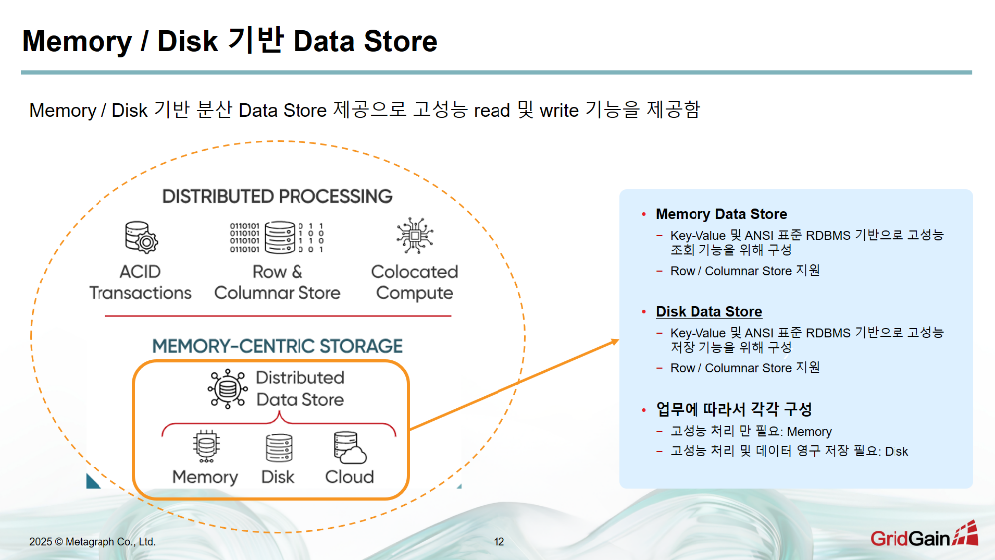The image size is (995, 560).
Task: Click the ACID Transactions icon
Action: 139,238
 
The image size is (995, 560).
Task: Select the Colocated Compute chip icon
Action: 414,237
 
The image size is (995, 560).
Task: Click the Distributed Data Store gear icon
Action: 226,389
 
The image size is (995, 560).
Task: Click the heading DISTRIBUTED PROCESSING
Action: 278,196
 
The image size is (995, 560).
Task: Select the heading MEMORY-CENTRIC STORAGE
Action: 278,346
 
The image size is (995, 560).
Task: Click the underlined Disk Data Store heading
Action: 708,311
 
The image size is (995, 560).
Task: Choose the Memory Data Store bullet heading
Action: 720,214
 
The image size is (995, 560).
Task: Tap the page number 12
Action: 498,542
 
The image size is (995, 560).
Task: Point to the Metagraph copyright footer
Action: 93,542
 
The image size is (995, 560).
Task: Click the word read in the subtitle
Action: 492,110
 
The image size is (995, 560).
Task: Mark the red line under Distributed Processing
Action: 278,316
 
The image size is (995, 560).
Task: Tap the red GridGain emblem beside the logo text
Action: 965,535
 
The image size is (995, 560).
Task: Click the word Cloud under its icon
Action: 350,477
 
